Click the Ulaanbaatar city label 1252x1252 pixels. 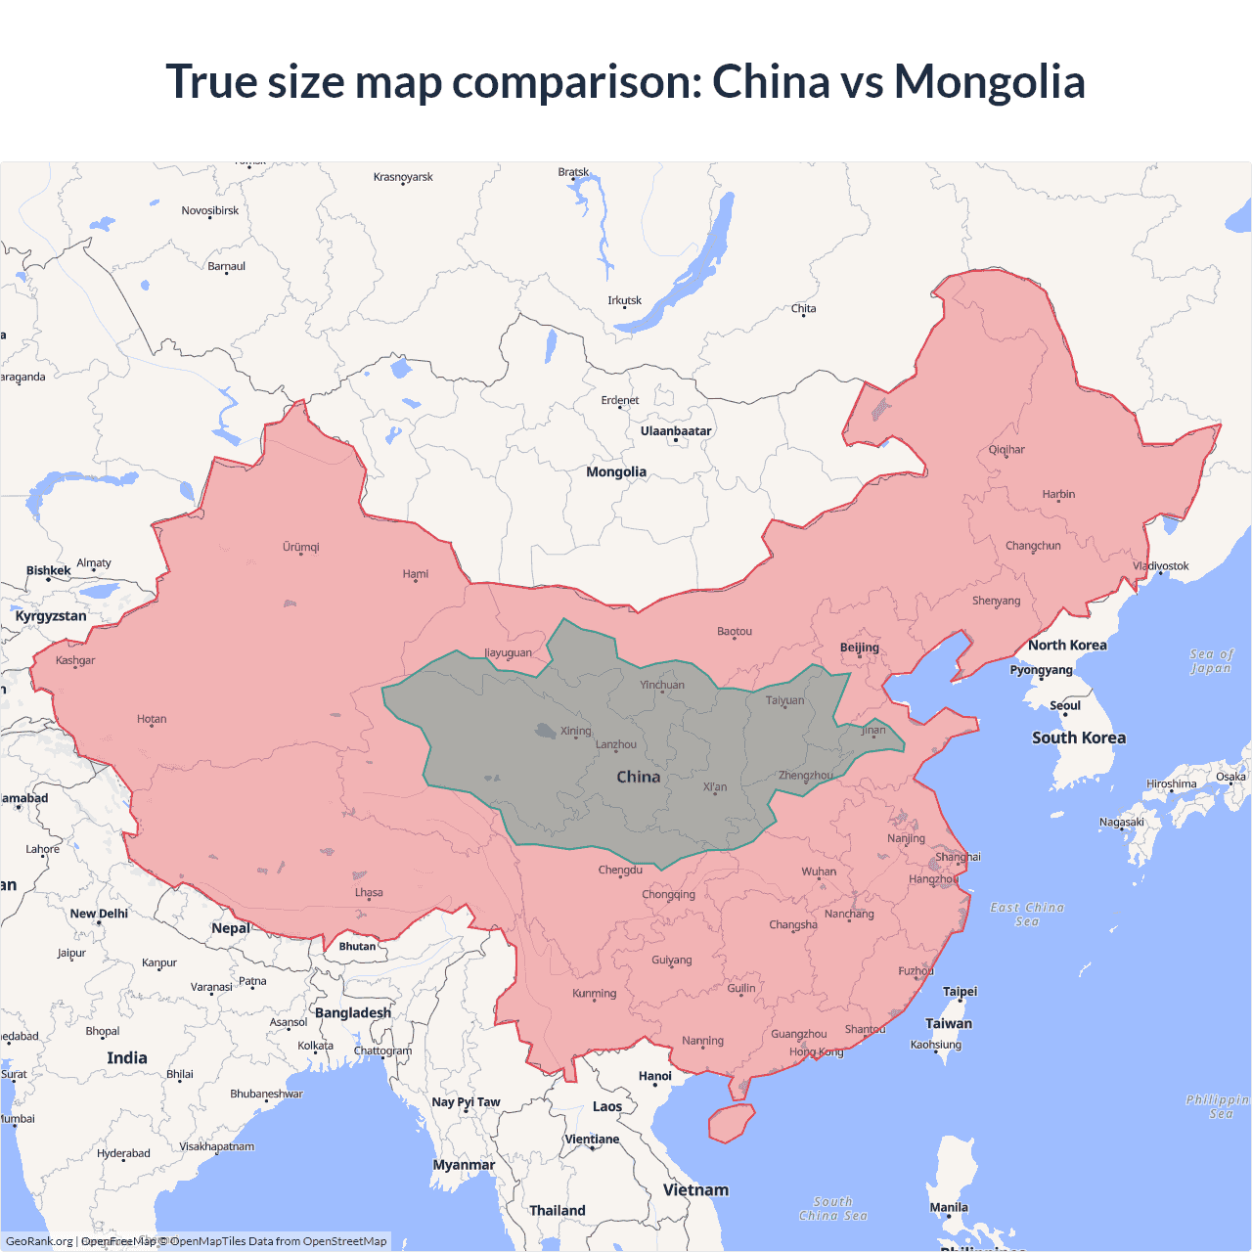coord(676,431)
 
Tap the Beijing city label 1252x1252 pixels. coord(860,648)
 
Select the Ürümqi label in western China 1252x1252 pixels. coord(301,547)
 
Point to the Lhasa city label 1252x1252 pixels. coord(369,892)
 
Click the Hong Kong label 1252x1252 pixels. coord(816,1051)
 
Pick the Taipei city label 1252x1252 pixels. coord(960,991)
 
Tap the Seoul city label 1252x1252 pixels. coord(1065,705)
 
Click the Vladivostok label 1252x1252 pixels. coord(1161,566)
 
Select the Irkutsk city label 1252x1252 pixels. coord(625,300)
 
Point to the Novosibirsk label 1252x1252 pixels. coord(210,210)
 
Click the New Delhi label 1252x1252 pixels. coord(99,914)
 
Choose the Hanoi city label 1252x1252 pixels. coord(655,1076)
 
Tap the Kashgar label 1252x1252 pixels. coord(75,660)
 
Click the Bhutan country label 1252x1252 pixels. coord(357,946)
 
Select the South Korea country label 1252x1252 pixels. coord(1079,738)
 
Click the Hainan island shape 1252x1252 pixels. coord(731,1123)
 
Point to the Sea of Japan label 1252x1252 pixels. coord(1212,661)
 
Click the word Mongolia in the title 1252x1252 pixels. coord(989,81)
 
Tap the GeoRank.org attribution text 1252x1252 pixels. coord(39,1241)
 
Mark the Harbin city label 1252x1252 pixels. coord(1058,494)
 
